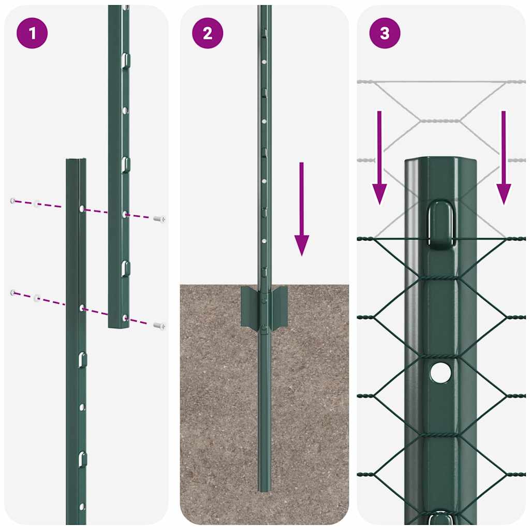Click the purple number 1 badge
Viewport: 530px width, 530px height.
(32, 33)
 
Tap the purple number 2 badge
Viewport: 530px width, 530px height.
(208, 33)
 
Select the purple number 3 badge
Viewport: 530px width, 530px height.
(385, 33)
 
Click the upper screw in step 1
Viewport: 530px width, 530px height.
(159, 219)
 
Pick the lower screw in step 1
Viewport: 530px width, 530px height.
(159, 326)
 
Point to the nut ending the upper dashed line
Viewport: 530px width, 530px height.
(13, 200)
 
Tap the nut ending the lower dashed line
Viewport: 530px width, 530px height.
(13, 293)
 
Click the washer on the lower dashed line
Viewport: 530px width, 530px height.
(37, 298)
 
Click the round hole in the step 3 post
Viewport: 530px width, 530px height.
(440, 373)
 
